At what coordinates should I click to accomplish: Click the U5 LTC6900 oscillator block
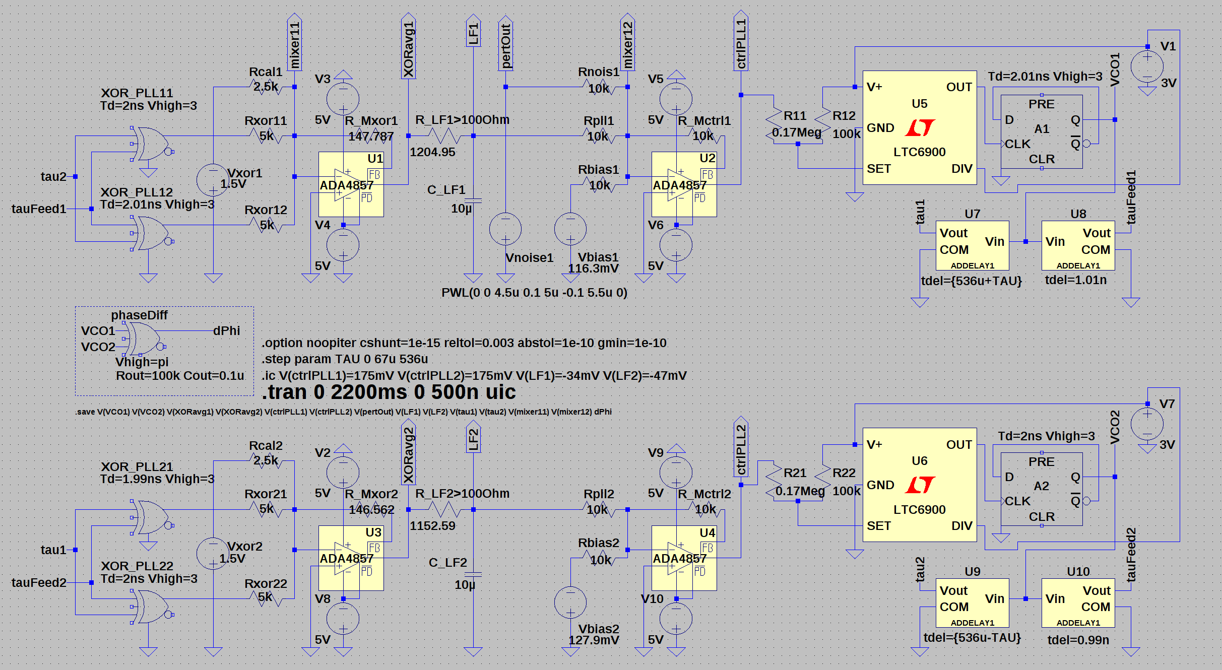click(x=919, y=128)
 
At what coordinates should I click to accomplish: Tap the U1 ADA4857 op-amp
click(x=351, y=185)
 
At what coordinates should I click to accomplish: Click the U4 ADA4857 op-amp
click(x=684, y=558)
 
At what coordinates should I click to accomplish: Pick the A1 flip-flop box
click(x=1041, y=131)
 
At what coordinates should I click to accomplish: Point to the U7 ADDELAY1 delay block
click(x=972, y=246)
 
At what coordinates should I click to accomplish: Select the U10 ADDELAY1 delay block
click(x=1078, y=603)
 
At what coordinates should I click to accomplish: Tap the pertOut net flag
click(x=505, y=45)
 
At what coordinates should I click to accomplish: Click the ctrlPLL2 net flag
click(x=741, y=448)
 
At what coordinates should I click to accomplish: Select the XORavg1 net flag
click(x=408, y=48)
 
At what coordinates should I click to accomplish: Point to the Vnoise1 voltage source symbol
click(x=505, y=229)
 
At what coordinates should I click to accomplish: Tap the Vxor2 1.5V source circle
click(x=213, y=554)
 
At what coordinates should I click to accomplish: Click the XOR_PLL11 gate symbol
click(x=151, y=144)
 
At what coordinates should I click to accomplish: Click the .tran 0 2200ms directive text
click(x=389, y=392)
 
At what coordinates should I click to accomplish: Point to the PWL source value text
click(x=534, y=293)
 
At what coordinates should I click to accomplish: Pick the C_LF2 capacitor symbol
click(x=473, y=574)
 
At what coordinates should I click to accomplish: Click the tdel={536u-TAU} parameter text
click(x=972, y=638)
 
